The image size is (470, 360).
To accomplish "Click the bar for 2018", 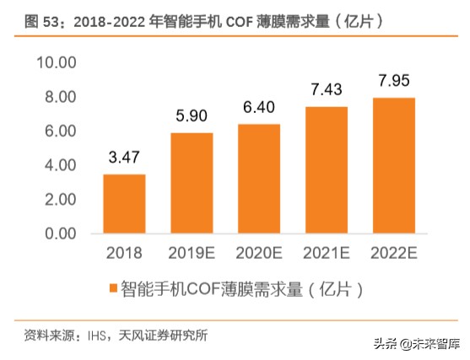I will coord(124,203).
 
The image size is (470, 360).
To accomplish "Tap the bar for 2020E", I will coord(259,178).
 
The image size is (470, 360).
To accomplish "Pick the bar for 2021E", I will coord(326,169).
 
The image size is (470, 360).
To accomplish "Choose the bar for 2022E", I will coord(392,165).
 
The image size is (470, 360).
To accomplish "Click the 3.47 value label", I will coord(125,158).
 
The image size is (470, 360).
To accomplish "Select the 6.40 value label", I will coord(259,107).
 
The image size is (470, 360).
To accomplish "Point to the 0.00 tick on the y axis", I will coord(57,233).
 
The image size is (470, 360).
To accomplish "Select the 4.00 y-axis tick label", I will coord(57,165).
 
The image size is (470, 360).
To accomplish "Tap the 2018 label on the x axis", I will coord(124,251).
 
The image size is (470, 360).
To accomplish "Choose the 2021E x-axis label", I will coord(326,251).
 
